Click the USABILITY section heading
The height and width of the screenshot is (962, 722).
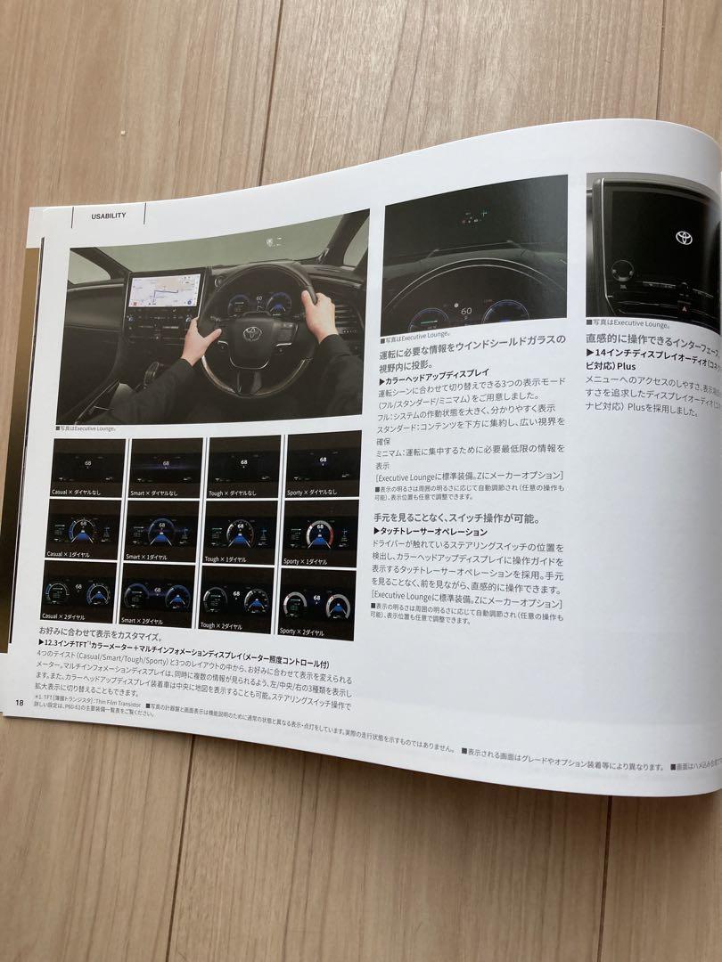108,215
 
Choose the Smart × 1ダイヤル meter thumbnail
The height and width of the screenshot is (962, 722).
163,531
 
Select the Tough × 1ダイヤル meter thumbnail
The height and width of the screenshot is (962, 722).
241,531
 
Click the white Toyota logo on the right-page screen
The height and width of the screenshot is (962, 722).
684,237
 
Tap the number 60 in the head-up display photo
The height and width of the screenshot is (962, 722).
466,311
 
